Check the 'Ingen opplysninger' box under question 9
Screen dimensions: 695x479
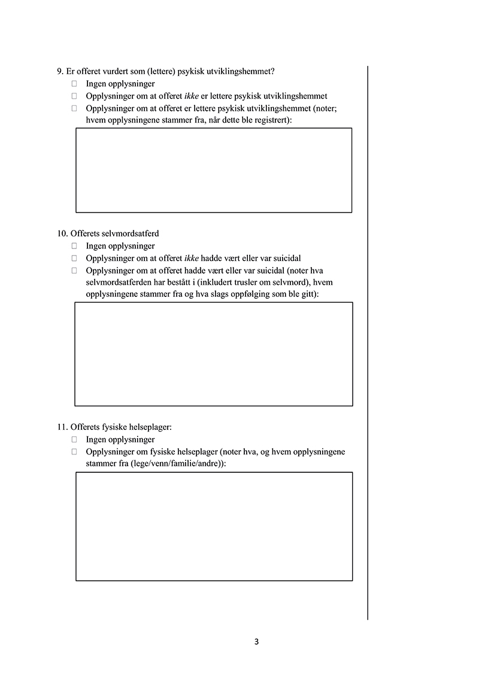75,84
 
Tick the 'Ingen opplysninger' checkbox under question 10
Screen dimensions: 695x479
75,246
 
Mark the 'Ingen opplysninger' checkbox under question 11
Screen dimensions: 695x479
75,439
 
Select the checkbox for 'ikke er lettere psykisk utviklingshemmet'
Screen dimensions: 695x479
75,96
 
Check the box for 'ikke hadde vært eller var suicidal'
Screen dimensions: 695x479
75,258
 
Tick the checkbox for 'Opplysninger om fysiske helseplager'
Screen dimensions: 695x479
75,451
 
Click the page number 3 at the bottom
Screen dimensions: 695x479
256,642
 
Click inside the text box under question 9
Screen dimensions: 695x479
213,170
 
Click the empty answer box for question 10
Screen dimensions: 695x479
213,354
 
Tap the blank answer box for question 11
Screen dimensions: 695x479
213,526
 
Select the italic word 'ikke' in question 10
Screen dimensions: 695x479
192,258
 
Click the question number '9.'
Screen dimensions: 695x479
60,71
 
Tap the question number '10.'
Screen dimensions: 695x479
62,233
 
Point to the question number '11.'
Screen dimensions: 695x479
62,427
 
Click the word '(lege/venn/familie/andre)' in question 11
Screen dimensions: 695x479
173,463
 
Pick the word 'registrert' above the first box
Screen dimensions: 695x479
271,120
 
